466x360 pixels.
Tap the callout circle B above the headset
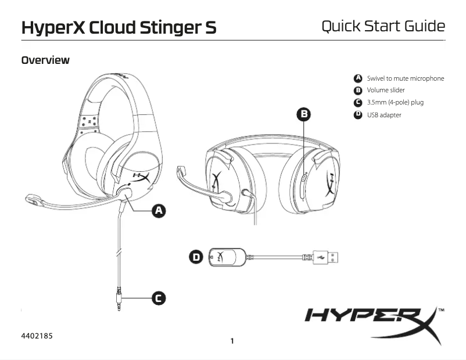coord(303,114)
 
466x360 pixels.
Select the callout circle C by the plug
coord(157,298)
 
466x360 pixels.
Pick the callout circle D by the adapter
coord(196,256)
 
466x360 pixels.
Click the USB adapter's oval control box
coord(226,256)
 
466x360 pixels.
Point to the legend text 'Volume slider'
coord(386,90)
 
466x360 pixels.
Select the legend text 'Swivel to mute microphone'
coord(405,78)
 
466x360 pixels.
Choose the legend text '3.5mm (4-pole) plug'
coord(395,102)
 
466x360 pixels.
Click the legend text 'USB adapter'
coord(384,115)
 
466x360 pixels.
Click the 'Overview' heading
coord(45,60)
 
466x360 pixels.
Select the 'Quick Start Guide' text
coord(383,26)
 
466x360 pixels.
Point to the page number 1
coord(232,341)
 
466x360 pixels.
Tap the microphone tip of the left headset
coord(33,200)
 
